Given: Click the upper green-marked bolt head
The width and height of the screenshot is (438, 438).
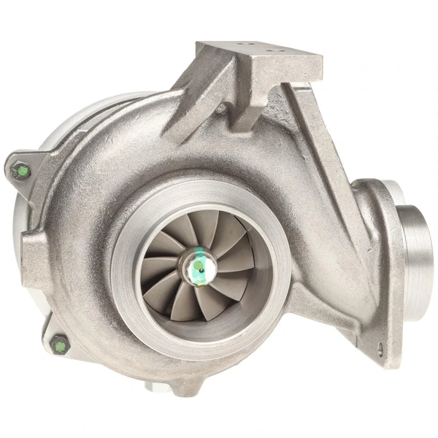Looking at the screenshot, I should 23,171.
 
